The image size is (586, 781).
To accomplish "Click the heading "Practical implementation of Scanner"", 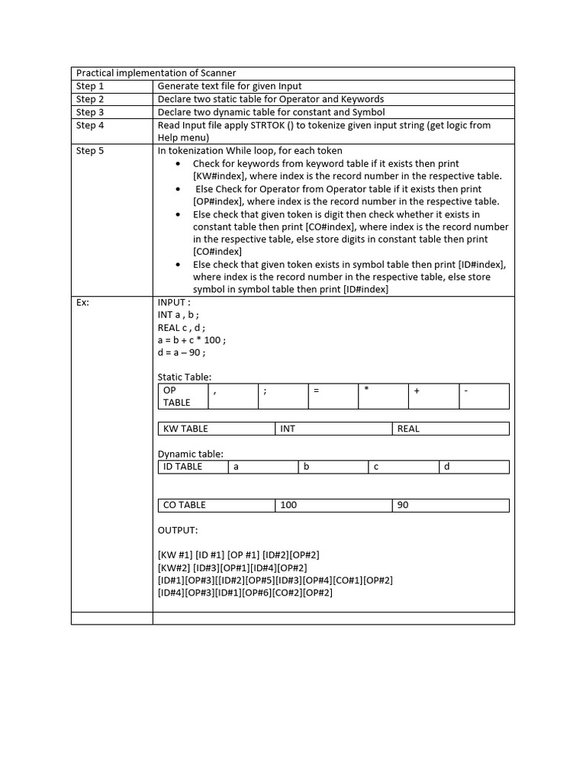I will (155, 73).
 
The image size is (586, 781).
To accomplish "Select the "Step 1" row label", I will (90, 86).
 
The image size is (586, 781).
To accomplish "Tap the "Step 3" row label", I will (90, 112).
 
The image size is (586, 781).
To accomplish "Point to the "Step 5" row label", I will (90, 150).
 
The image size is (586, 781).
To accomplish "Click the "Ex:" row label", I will (82, 302).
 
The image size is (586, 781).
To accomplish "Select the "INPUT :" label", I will (174, 302).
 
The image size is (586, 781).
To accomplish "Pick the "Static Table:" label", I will (185, 377).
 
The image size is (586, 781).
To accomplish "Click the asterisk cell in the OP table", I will (383, 396).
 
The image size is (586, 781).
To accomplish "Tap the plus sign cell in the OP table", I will (433, 396).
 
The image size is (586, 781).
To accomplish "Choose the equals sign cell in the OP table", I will (333, 396).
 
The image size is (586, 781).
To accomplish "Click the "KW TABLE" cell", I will (216, 429).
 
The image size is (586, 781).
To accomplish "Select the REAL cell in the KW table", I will (450, 429).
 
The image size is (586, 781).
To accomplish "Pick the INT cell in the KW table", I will (333, 429).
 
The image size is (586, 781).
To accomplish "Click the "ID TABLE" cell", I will (192, 466).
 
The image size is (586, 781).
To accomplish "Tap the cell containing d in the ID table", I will (474, 466).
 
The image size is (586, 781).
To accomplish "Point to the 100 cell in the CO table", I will (333, 505).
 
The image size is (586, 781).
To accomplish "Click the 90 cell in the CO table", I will (450, 505).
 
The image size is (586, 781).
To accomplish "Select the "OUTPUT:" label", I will (178, 530).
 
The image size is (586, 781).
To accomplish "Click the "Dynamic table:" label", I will (191, 454).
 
